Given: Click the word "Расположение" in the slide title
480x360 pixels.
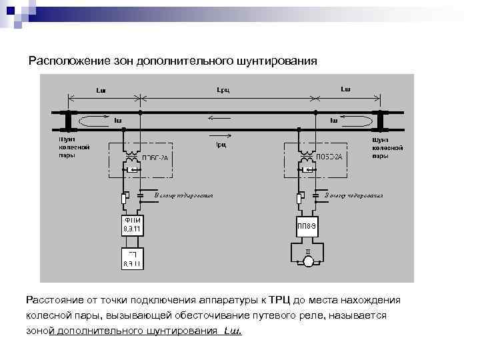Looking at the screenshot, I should click(59, 61).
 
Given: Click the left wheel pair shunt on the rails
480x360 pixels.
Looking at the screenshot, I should click(68, 121).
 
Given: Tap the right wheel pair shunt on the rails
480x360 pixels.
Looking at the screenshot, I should click(379, 121).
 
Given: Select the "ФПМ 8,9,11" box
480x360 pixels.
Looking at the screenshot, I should click(131, 225).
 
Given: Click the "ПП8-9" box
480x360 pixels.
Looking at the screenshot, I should click(307, 225).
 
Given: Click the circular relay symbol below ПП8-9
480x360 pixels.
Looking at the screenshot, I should click(307, 261).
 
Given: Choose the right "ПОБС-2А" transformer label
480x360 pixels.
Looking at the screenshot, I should click(329, 157).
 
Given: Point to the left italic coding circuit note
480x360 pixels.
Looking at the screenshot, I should click(183, 196).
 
